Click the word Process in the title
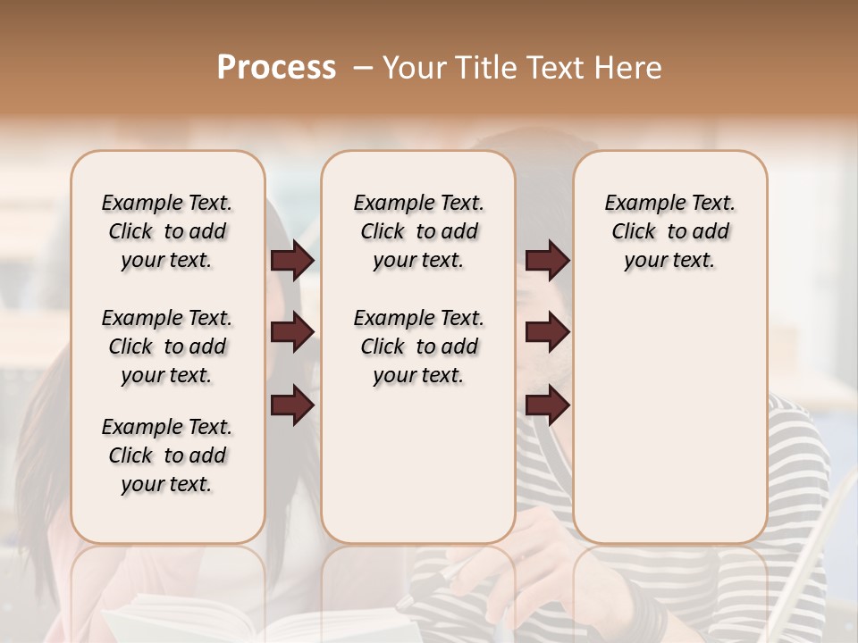coord(276,68)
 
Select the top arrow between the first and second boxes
coord(292,261)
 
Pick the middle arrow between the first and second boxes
coord(292,333)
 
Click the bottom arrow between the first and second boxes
coord(292,405)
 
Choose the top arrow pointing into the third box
coord(547,261)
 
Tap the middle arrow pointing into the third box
coord(547,333)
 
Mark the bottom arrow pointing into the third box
coord(547,405)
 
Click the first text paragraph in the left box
coord(167,231)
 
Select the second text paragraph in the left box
coord(167,347)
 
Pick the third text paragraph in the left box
coord(167,455)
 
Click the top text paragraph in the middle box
coord(418,231)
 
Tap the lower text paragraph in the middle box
coord(418,347)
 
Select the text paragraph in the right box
coord(669,231)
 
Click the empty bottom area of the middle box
coord(418,473)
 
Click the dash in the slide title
coord(364,68)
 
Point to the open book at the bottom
coord(259,625)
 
